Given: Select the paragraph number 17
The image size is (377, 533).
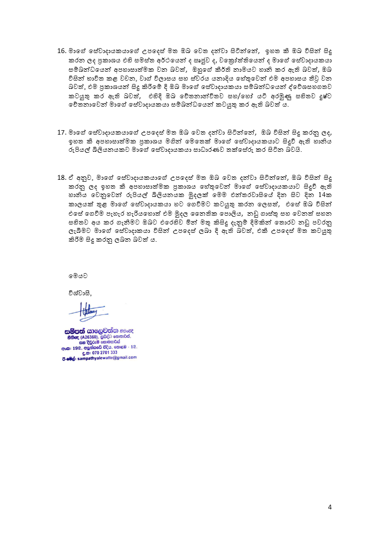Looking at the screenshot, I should click(x=61, y=133).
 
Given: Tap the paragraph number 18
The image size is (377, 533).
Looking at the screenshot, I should click(x=61, y=176).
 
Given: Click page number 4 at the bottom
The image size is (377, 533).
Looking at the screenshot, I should click(x=330, y=507).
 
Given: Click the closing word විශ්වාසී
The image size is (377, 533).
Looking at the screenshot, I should click(x=81, y=293).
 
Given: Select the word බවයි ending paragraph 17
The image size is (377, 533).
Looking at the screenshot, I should click(x=292, y=150).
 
